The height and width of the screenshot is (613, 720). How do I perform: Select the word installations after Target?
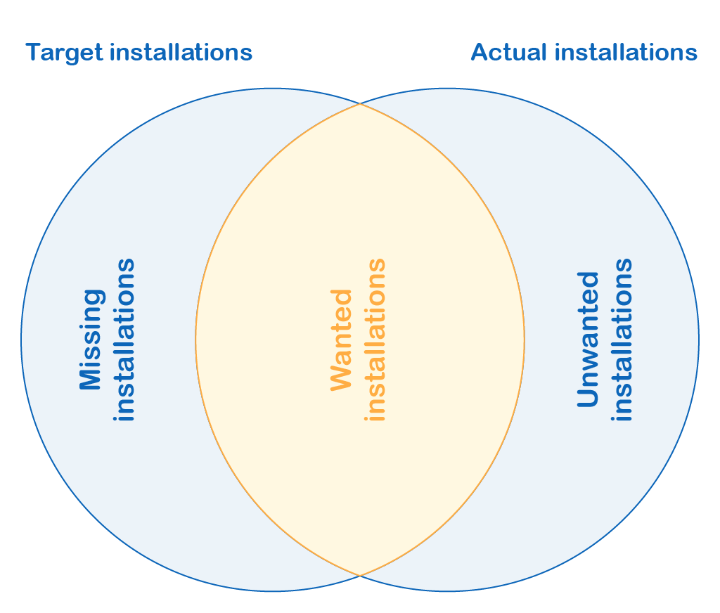(x=181, y=52)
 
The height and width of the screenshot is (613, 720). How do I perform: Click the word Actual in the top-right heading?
(x=509, y=52)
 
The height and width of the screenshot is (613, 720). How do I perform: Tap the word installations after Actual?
(x=626, y=52)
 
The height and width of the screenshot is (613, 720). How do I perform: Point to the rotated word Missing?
(x=91, y=340)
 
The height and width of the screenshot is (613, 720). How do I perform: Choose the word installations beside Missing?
(x=124, y=340)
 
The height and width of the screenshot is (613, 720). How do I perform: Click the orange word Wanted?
(x=341, y=340)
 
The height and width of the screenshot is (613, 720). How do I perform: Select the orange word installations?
(x=375, y=340)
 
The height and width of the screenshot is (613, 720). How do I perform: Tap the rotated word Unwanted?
(x=588, y=340)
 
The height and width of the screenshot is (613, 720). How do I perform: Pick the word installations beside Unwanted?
(x=622, y=340)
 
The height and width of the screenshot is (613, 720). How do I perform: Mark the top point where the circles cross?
(x=360, y=104)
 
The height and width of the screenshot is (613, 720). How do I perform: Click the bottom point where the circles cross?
(x=360, y=575)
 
